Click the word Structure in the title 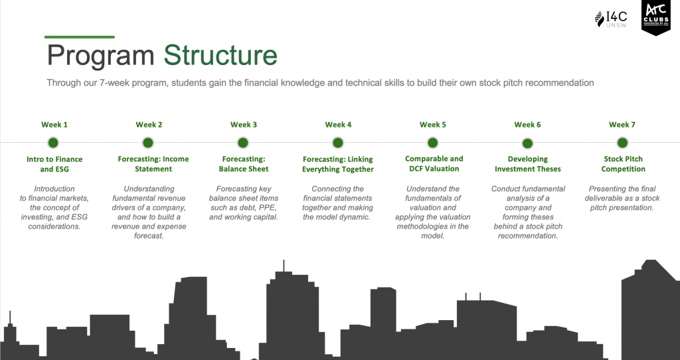pos(220,55)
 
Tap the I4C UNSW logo pos(611,19)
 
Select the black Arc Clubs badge pos(655,17)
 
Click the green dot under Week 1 pos(53,143)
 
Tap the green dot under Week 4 pos(338,143)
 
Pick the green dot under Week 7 pos(622,143)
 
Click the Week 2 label pos(149,125)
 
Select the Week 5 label pos(433,125)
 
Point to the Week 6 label pos(527,125)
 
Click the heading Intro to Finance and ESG pos(54,164)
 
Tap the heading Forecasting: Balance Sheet pos(244,164)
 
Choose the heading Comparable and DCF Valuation pos(434,163)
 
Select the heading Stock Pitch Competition pos(623,163)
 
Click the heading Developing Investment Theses pos(528,164)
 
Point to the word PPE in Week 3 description pos(268,208)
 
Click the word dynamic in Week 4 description pos(355,217)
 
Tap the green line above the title pos(80,37)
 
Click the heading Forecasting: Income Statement pos(153,164)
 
